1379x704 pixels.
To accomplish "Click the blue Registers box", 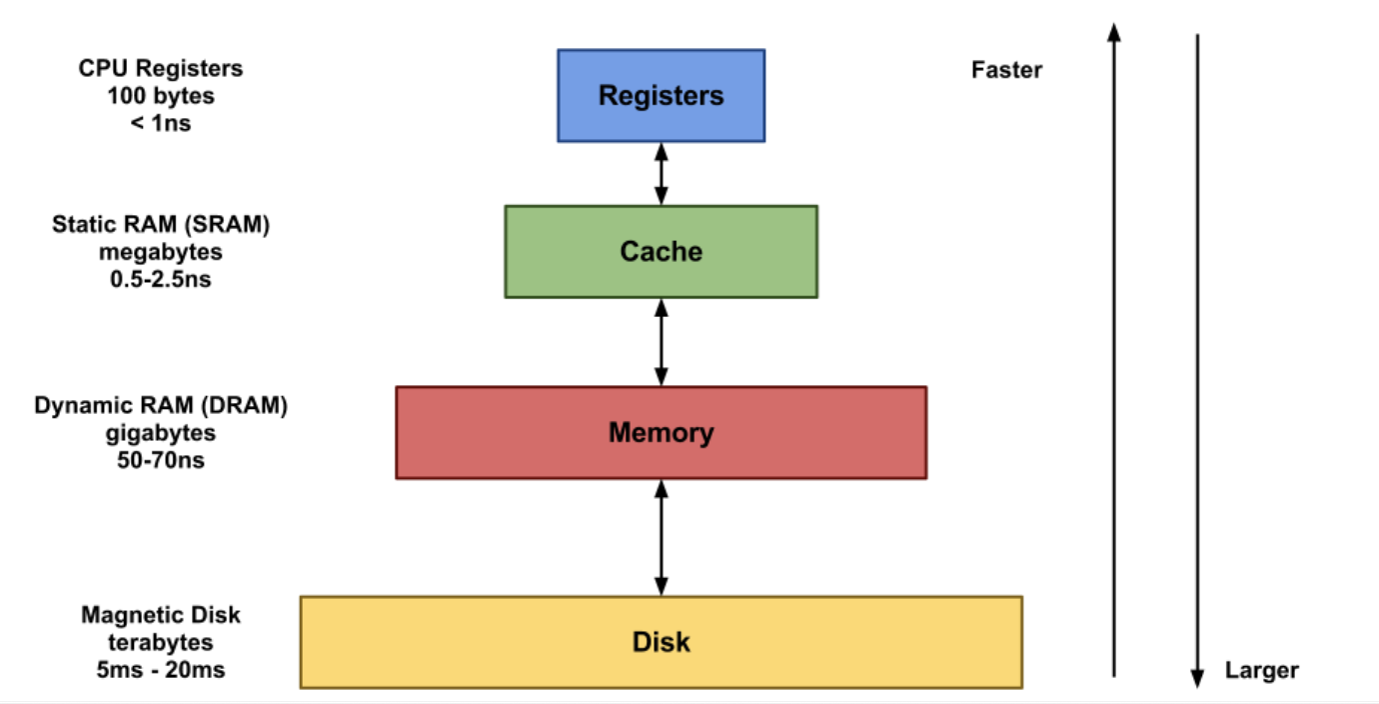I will (x=661, y=96).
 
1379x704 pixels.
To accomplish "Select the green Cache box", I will (x=661, y=251).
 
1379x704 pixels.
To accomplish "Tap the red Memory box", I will (x=661, y=433).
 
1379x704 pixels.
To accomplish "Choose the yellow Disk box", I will (x=661, y=641).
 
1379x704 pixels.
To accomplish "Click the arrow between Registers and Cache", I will (x=661, y=173).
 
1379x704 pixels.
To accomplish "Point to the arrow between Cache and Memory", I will (x=661, y=342).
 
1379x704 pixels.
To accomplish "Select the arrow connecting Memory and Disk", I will (x=661, y=537).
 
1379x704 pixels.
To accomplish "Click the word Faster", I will (x=1006, y=70).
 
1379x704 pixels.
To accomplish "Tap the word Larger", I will (x=1261, y=670).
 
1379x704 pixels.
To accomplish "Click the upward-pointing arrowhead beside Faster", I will (x=1115, y=32).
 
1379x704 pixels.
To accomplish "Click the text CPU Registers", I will (x=161, y=69).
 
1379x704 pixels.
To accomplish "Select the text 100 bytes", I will (x=161, y=98).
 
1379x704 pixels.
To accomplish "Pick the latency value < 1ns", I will (x=161, y=126).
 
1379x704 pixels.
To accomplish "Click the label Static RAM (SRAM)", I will (x=161, y=225).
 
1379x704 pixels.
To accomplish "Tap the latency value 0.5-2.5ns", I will (x=161, y=279).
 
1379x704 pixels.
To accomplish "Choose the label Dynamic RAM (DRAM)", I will (x=161, y=407).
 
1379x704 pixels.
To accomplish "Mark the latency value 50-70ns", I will (x=161, y=461).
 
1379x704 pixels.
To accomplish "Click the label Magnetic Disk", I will (x=161, y=614).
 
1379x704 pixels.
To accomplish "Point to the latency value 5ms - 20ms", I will (x=161, y=669).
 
